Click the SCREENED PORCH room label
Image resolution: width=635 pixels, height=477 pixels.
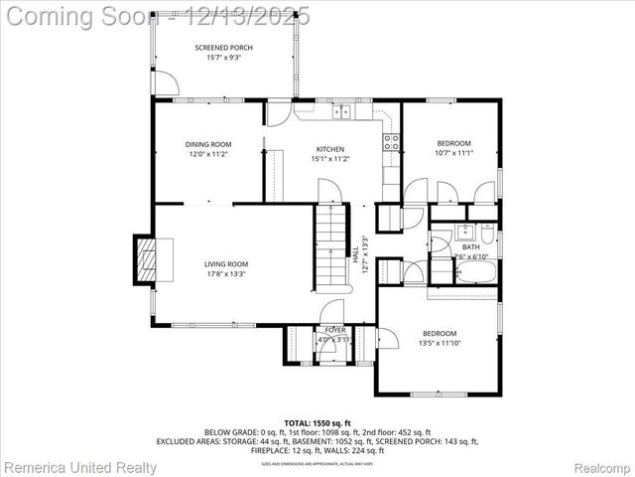pos(223,47)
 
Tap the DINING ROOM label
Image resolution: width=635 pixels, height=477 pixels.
pos(207,144)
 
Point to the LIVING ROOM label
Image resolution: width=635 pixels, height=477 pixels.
pos(225,263)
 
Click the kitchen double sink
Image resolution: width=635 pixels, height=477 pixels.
pos(341,112)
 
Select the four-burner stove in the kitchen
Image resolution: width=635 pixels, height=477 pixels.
pos(392,142)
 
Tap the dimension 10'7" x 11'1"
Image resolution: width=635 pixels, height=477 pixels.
pos(453,153)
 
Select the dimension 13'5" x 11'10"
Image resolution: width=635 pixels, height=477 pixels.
pos(440,343)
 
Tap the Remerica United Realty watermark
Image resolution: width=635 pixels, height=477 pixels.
pos(79,467)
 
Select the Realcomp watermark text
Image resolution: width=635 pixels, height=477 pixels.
pos(598,467)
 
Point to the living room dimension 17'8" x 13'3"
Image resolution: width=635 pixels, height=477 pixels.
pos(225,274)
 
